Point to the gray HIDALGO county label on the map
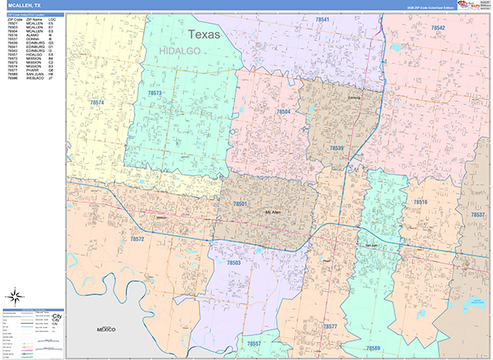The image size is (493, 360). tap(181, 51)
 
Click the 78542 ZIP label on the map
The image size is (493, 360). tap(437, 28)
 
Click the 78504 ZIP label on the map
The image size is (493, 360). tap(283, 111)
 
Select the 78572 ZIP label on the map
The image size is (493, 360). tap(137, 239)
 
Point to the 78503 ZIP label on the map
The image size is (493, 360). tap(233, 262)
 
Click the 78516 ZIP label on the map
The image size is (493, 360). tap(420, 201)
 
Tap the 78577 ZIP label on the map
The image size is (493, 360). tap(329, 326)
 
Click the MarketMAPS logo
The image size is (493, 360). tap(471, 6)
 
